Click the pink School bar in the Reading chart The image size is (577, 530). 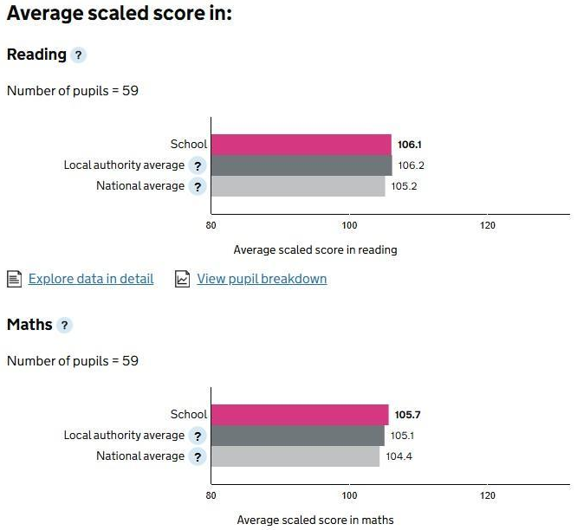click(x=301, y=145)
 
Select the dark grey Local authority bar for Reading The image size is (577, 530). click(x=301, y=165)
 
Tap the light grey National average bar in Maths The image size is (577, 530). click(x=295, y=456)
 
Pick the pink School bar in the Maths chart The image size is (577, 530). click(x=300, y=415)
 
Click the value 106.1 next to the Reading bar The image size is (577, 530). click(x=410, y=145)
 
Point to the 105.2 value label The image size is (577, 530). click(x=403, y=186)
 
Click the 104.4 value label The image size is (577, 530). click(x=398, y=456)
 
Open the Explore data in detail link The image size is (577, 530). click(x=91, y=279)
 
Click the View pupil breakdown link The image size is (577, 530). click(x=262, y=279)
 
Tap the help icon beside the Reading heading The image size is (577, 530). click(x=79, y=55)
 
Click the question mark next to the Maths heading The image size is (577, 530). click(x=64, y=326)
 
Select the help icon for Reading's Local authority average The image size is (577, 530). click(x=198, y=165)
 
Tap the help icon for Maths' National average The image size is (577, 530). click(x=198, y=456)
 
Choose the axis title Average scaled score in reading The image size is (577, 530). click(x=315, y=249)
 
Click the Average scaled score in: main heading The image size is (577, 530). click(x=119, y=15)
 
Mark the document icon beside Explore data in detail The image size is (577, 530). click(x=14, y=279)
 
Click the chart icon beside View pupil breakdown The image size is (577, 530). click(x=182, y=279)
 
